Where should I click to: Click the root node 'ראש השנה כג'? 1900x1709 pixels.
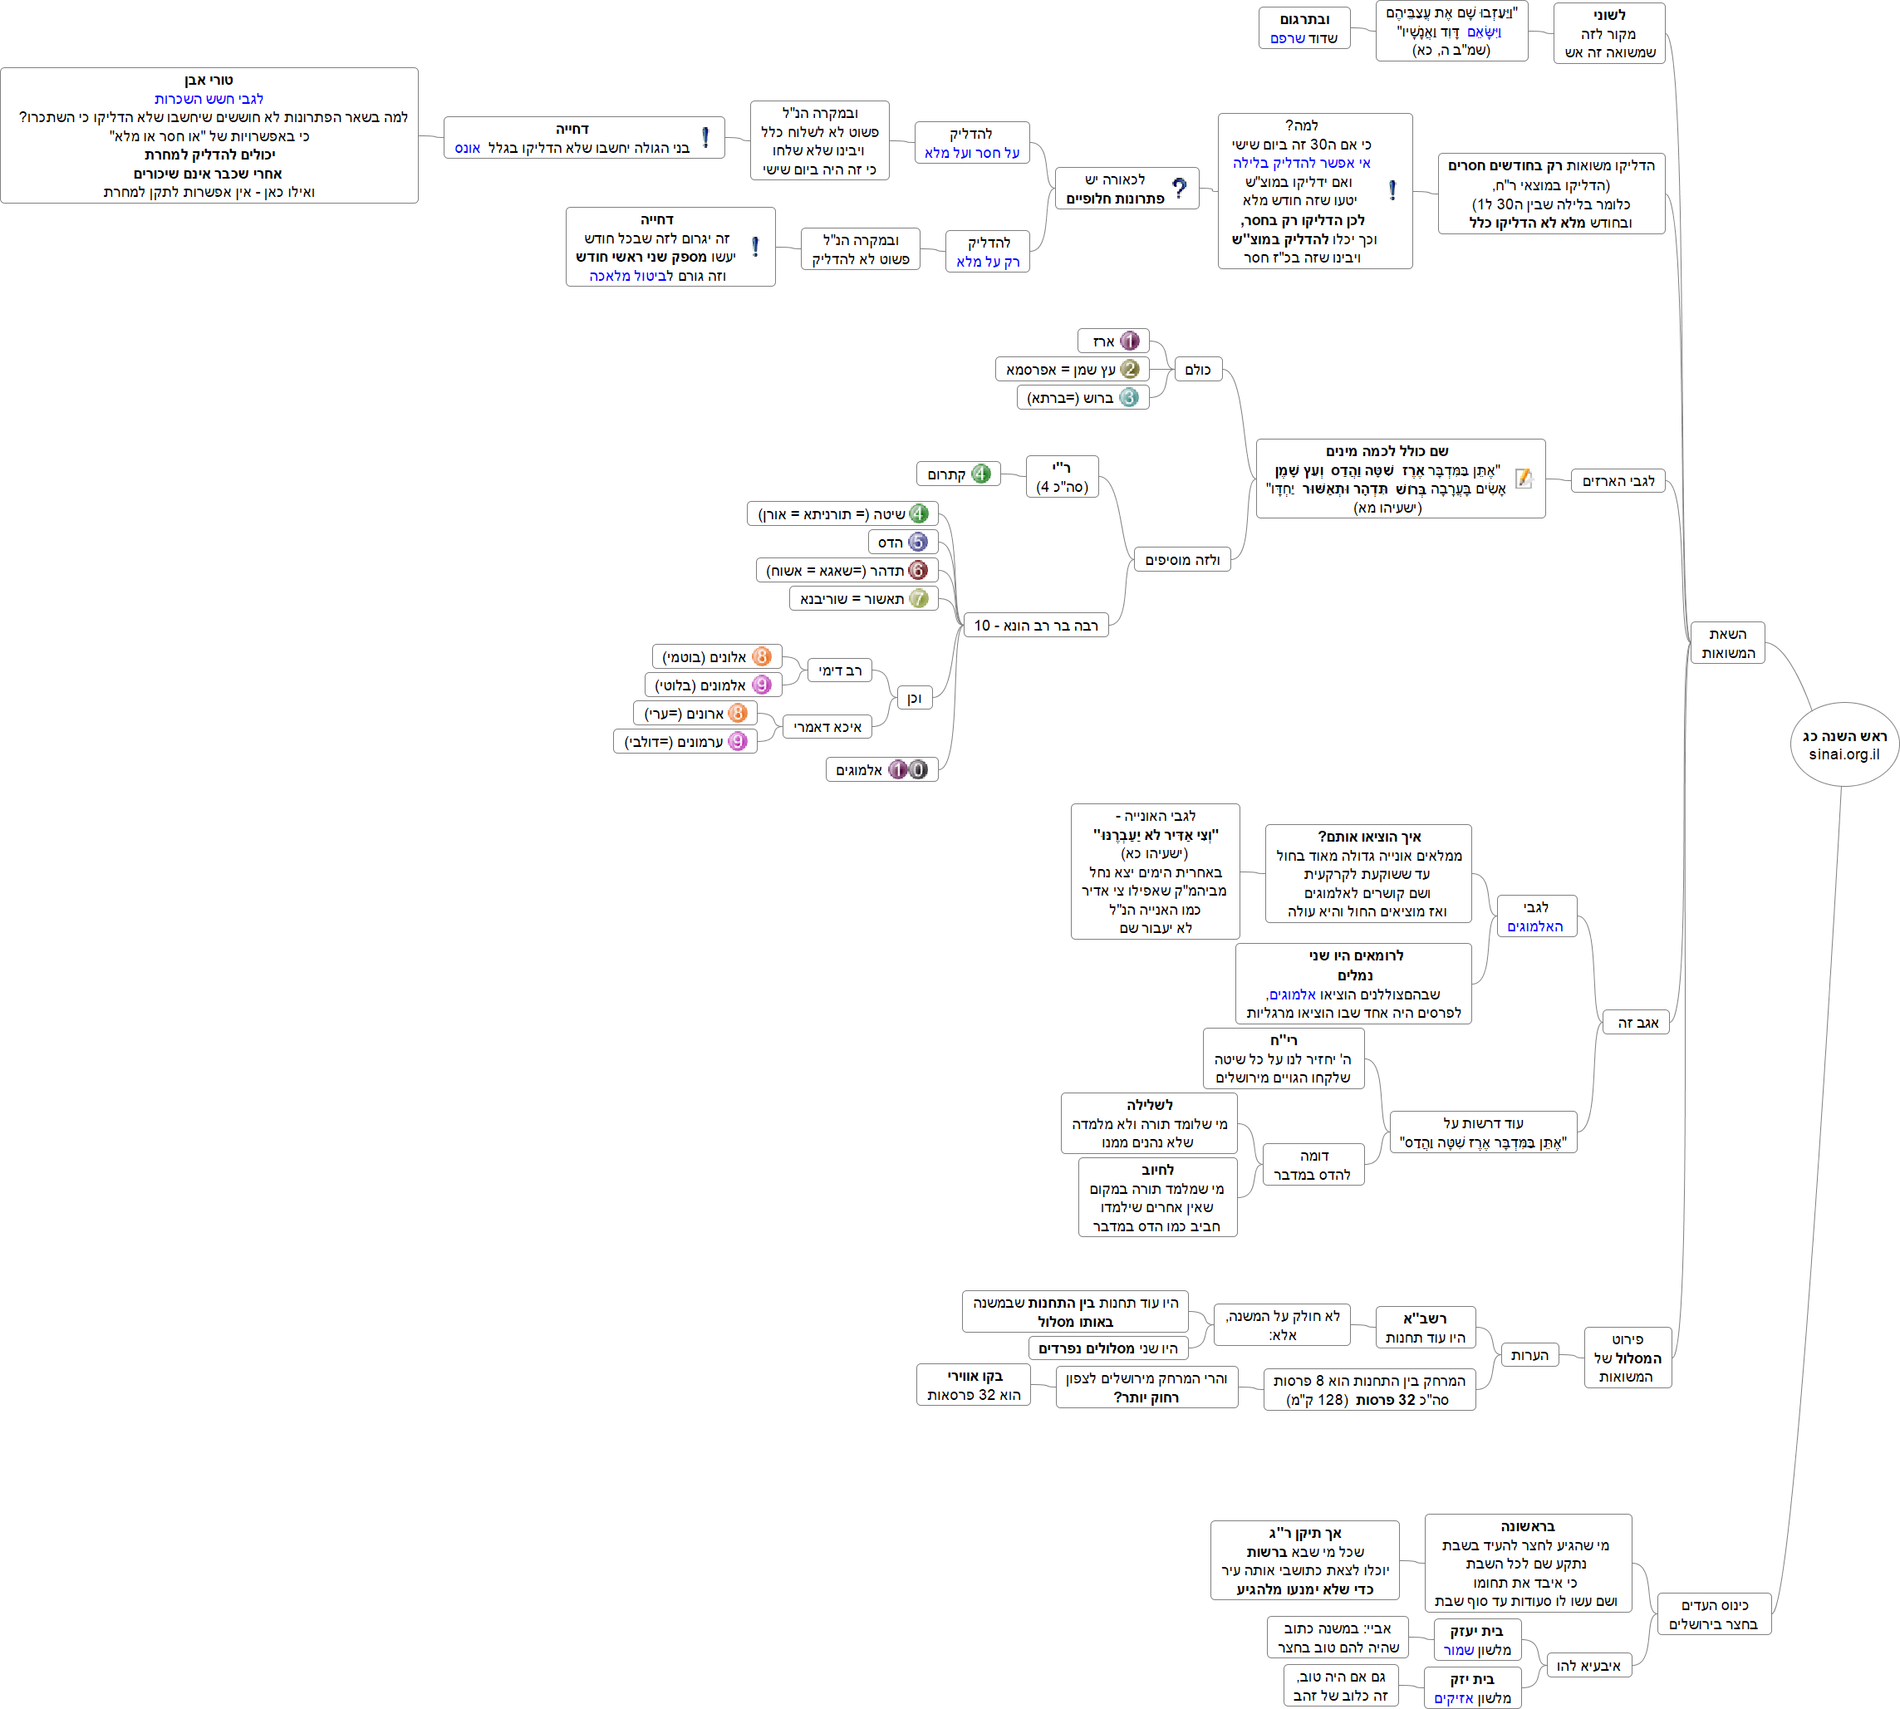pyautogui.click(x=1844, y=744)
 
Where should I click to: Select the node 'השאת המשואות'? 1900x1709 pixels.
pyautogui.click(x=1727, y=643)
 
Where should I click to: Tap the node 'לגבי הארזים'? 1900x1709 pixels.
pyautogui.click(x=1618, y=482)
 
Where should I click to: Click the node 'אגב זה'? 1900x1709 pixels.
pyautogui.click(x=1637, y=1023)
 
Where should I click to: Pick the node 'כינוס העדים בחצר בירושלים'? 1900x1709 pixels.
pyautogui.click(x=1713, y=1614)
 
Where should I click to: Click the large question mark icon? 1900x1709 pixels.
pyautogui.click(x=1179, y=189)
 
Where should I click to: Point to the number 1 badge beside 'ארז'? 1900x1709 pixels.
pyautogui.click(x=1130, y=341)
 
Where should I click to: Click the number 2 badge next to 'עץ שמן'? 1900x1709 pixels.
pyautogui.click(x=1130, y=369)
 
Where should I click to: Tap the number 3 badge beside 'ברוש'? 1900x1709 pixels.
pyautogui.click(x=1130, y=397)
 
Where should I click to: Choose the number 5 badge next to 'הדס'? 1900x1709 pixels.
pyautogui.click(x=918, y=542)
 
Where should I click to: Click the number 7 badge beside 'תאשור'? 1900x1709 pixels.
pyautogui.click(x=918, y=598)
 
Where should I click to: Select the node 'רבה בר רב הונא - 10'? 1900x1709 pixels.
pyautogui.click(x=1035, y=626)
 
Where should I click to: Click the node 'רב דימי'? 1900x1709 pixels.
pyautogui.click(x=839, y=670)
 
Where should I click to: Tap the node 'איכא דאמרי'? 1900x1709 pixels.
pyautogui.click(x=827, y=727)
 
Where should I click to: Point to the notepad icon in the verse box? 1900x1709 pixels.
pyautogui.click(x=1524, y=479)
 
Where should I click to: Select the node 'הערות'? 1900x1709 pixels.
pyautogui.click(x=1529, y=1355)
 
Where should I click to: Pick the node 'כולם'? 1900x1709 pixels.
pyautogui.click(x=1197, y=369)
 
